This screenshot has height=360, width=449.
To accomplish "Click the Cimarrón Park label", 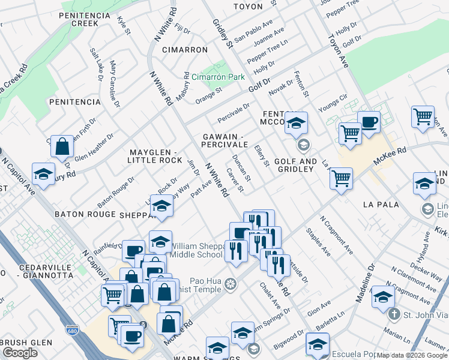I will [x=218, y=77].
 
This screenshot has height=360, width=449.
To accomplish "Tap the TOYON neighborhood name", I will [x=248, y=7].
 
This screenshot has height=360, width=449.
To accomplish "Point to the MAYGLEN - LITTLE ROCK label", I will [x=154, y=155].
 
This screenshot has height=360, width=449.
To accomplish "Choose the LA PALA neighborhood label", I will [x=381, y=205].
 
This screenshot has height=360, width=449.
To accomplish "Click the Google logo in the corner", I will [x=20, y=352].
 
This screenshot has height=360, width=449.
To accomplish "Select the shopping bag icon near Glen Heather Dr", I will [x=62, y=146].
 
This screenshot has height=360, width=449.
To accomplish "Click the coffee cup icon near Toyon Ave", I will [x=369, y=122].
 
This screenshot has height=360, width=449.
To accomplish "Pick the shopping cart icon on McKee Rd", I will [x=341, y=178].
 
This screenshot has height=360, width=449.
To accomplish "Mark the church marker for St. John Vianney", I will [x=393, y=314].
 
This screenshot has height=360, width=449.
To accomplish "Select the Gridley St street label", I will [x=222, y=34].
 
